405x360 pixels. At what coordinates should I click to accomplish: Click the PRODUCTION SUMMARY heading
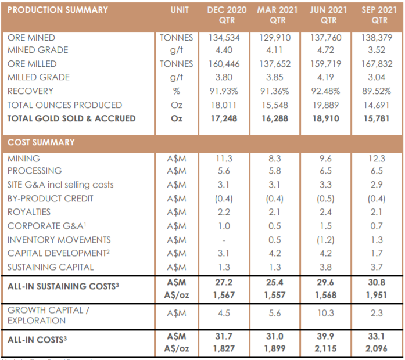click(58, 10)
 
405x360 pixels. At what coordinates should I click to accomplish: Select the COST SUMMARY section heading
click(41, 142)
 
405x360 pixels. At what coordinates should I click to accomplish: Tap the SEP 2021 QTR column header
click(379, 15)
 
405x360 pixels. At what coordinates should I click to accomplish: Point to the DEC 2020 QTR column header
click(227, 15)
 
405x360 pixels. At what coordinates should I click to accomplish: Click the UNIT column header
click(180, 10)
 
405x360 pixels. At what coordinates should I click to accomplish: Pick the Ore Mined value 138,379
click(377, 38)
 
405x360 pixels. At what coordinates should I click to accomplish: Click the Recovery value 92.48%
click(325, 91)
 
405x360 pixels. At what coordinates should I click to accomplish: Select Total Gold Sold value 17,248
click(224, 118)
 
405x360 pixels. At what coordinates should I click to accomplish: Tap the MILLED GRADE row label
click(38, 77)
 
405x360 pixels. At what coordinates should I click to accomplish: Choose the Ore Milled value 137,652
click(275, 64)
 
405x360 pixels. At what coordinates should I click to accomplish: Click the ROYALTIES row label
click(29, 212)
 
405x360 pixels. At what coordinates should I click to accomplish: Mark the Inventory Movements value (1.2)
click(325, 240)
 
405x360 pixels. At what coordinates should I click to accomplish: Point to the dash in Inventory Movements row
click(224, 240)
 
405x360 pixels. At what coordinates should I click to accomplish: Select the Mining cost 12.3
click(377, 159)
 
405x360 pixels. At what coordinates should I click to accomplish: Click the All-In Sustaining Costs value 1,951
click(377, 295)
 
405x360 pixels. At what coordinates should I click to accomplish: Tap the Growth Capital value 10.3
click(325, 313)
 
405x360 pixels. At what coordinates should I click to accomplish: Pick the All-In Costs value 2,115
click(325, 348)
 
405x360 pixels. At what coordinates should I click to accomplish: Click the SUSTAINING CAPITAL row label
click(51, 267)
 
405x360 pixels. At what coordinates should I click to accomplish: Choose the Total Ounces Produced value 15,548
click(275, 105)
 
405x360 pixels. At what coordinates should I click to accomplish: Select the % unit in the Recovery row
click(177, 91)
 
